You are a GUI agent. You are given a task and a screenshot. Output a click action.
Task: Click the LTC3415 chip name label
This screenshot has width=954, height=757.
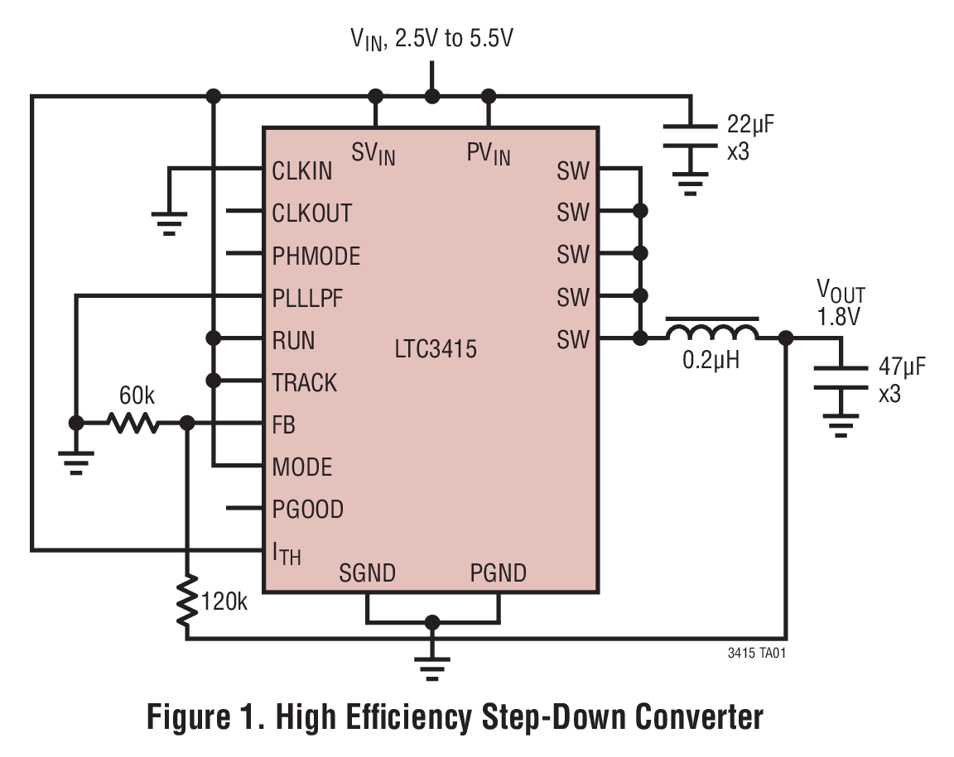pyautogui.click(x=436, y=349)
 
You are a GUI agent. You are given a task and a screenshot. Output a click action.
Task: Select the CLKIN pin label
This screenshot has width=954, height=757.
pyautogui.click(x=302, y=170)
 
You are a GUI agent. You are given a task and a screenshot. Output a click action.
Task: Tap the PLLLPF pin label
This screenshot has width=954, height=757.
pyautogui.click(x=307, y=298)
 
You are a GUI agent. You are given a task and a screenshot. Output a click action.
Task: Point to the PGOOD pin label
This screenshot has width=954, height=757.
pyautogui.click(x=307, y=509)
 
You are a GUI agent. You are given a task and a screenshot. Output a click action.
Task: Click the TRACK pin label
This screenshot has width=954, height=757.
pyautogui.click(x=305, y=382)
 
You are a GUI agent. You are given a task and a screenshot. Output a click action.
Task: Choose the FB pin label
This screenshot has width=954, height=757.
pyautogui.click(x=284, y=425)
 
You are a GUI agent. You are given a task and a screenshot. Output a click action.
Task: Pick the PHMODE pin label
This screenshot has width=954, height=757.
pyautogui.click(x=316, y=256)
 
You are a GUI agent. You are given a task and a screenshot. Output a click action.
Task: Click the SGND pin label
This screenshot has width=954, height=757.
pyautogui.click(x=367, y=573)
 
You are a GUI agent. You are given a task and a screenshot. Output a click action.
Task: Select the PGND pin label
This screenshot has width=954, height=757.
pyautogui.click(x=498, y=573)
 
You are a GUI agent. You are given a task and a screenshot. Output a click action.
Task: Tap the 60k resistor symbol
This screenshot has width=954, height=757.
pyautogui.click(x=133, y=424)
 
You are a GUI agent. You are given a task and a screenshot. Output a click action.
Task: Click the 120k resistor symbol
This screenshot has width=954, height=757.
pyautogui.click(x=188, y=601)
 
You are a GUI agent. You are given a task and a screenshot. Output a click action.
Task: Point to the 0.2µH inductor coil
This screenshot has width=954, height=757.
pyautogui.click(x=712, y=333)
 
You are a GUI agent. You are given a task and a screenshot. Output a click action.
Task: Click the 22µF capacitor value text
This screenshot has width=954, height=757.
pyautogui.click(x=749, y=125)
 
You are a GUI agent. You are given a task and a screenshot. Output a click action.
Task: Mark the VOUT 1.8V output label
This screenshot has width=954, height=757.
pyautogui.click(x=841, y=302)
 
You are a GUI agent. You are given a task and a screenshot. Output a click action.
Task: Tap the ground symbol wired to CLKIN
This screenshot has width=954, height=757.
pyautogui.click(x=169, y=222)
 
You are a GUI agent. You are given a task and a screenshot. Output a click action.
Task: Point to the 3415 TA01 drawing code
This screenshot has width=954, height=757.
pyautogui.click(x=755, y=653)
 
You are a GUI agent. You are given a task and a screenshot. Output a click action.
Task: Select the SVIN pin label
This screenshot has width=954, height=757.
pyautogui.click(x=373, y=153)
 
